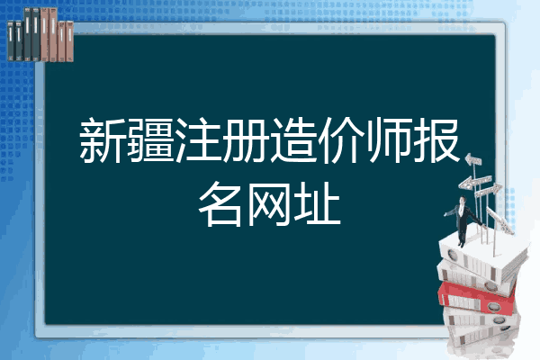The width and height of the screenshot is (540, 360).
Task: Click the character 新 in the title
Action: coord(103,141)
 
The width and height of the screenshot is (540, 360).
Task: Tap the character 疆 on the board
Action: coord(150,141)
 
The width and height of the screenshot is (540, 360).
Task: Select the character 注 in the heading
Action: coord(198,141)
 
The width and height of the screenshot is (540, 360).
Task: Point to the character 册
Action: coord(246,141)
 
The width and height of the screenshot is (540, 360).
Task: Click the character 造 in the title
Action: coord(293,141)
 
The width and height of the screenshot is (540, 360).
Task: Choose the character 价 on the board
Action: coord(341,141)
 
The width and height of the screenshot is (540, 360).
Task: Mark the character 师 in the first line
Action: coord(389,141)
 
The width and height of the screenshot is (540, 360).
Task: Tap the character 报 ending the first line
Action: coord(436,141)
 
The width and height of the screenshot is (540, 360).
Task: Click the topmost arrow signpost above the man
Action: coord(474,161)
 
